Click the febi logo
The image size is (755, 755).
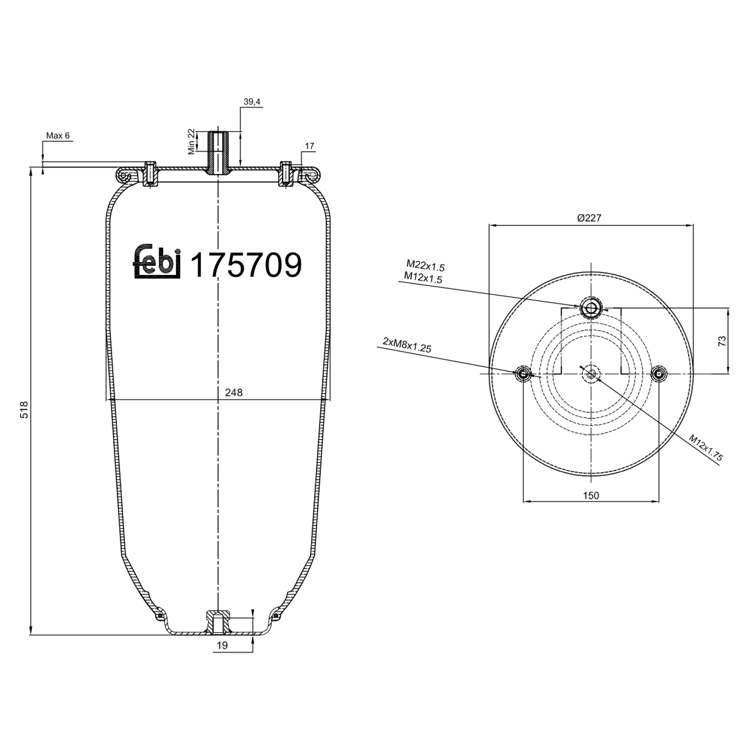click(157, 262)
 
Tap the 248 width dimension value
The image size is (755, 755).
click(234, 393)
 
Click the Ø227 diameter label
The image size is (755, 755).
click(589, 218)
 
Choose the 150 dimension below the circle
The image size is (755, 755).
click(591, 496)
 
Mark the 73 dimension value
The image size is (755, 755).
click(722, 341)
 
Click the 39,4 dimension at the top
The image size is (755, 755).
click(252, 102)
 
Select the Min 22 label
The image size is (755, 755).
click(191, 141)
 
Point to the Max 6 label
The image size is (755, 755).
click(58, 135)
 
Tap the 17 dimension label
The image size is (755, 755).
click(310, 146)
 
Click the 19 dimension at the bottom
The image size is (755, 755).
click(222, 645)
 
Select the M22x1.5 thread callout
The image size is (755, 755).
click(426, 265)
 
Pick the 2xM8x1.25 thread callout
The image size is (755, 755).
click(407, 345)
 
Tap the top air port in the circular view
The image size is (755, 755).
click(591, 308)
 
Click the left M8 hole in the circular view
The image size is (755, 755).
click(523, 374)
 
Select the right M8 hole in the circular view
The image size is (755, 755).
click(658, 374)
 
